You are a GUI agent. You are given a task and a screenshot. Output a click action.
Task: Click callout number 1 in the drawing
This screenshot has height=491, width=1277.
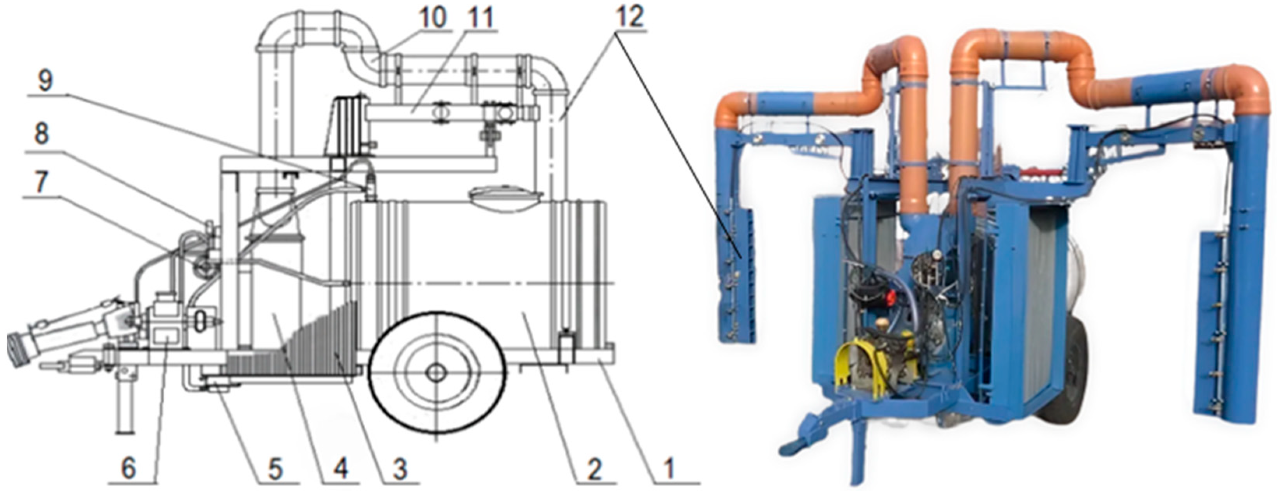point(669,468)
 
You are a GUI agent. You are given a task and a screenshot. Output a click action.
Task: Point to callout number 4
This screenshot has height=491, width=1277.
point(342,468)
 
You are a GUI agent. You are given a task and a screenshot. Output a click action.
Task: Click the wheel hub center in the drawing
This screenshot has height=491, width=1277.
point(436,373)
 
